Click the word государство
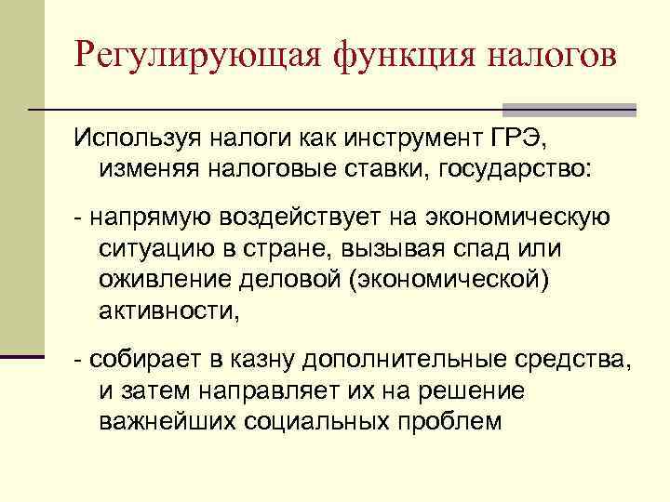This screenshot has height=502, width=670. coord(504,170)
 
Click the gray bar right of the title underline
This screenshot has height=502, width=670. coord(569,110)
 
